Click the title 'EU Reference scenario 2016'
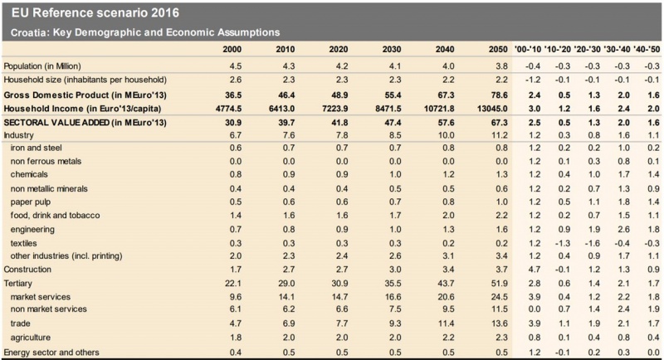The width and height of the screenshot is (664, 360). coord(95,13)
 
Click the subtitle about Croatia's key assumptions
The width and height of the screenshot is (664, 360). coord(145,32)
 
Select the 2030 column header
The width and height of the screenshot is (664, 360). coord(392,50)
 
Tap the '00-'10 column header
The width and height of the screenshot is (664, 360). coord(528,50)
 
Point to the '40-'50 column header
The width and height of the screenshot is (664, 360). coord(647,50)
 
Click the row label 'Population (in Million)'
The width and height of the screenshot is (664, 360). coord(42,66)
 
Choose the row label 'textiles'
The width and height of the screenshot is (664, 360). coord(24,243)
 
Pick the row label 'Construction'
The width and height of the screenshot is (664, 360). coord(27,270)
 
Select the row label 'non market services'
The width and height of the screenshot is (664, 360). coord(49,309)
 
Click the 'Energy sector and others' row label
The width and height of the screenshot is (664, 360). coord(51,353)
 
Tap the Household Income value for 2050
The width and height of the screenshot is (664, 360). coord(492,109)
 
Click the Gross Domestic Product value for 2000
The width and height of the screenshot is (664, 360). coord(233,95)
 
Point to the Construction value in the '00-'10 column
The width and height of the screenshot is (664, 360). coord(535,270)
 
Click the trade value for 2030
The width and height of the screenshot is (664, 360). coord(395,324)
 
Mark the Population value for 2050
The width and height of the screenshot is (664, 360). coord(502,66)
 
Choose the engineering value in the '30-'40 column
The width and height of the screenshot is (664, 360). coord(624,230)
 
